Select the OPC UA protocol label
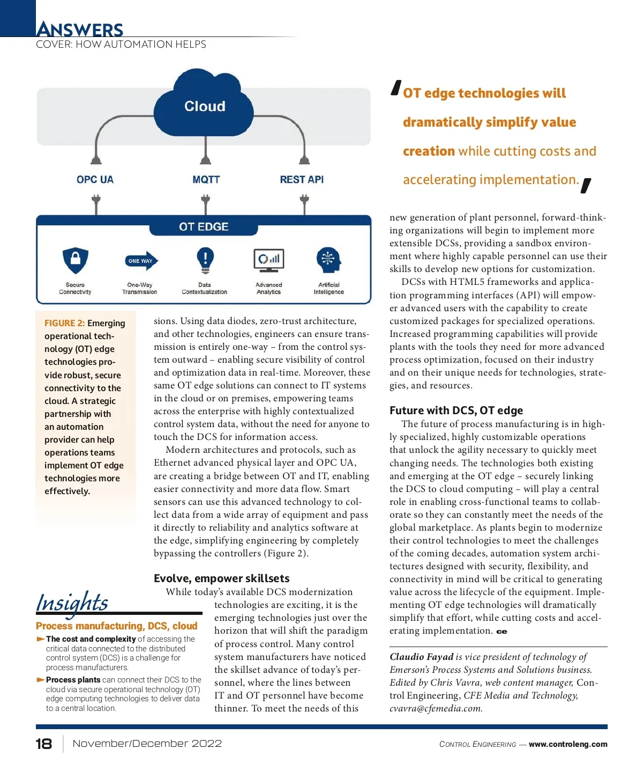(x=95, y=180)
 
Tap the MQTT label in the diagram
(x=206, y=180)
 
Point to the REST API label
(x=302, y=180)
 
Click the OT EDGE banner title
(x=204, y=227)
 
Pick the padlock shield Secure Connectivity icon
(x=76, y=261)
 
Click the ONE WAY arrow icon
(x=141, y=261)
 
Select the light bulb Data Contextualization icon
(x=205, y=260)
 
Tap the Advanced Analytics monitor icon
(x=268, y=260)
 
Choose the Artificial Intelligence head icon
(x=328, y=260)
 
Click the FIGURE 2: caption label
(x=64, y=323)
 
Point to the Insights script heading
(x=72, y=603)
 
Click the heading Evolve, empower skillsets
(x=221, y=578)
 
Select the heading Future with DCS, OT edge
(x=456, y=410)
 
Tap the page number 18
(x=44, y=744)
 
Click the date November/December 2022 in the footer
(x=147, y=744)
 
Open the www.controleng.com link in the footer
(x=568, y=744)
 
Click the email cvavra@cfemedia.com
(x=436, y=708)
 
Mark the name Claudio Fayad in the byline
(x=421, y=657)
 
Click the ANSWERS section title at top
(x=80, y=29)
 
